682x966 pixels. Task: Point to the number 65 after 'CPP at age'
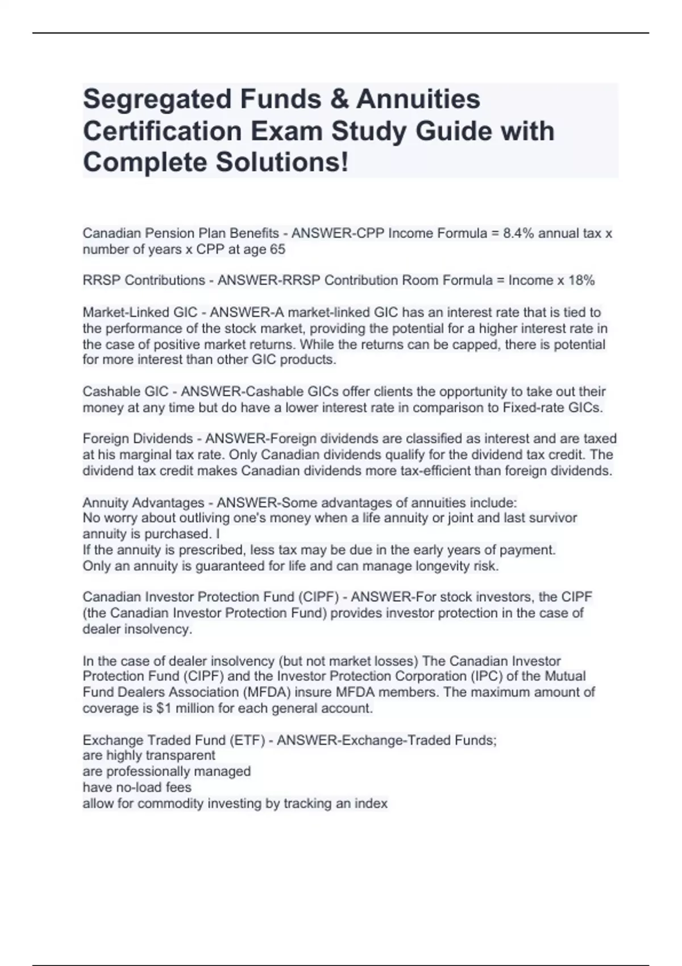[277, 249]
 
